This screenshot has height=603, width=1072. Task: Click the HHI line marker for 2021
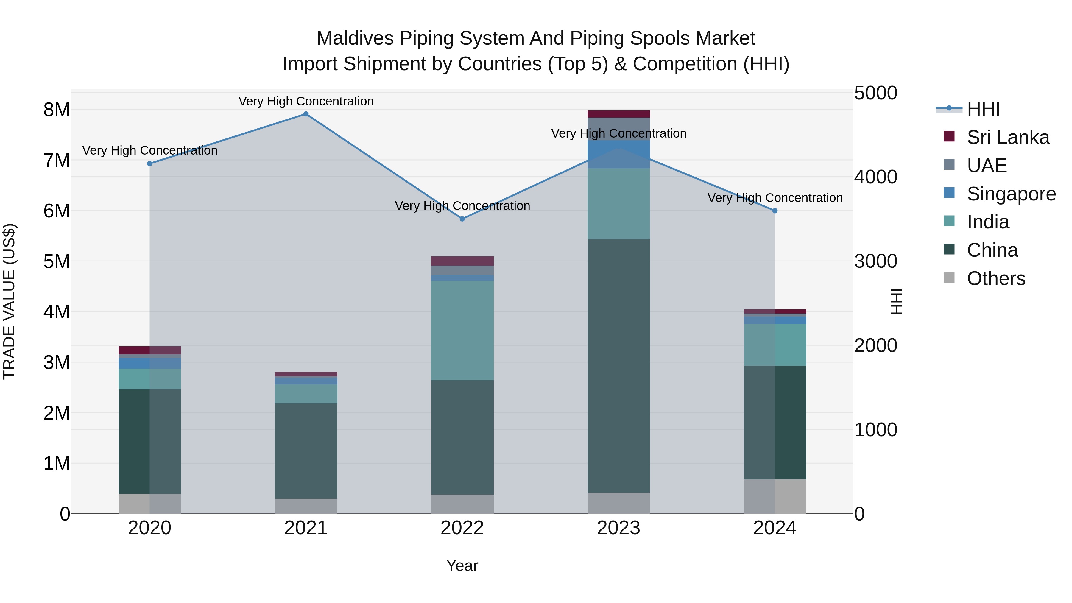pos(306,114)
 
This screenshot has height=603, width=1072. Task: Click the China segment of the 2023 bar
pos(618,366)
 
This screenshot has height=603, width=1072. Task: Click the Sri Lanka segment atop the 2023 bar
pos(618,114)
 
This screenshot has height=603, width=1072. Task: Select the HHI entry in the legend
pos(983,109)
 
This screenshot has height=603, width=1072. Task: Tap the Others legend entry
pos(995,278)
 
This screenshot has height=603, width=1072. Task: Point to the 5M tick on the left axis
pos(57,262)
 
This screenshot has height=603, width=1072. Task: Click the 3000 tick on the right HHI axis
pos(875,261)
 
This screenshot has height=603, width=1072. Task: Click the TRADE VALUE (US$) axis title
pos(9,301)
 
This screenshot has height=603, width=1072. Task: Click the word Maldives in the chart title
pos(355,38)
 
